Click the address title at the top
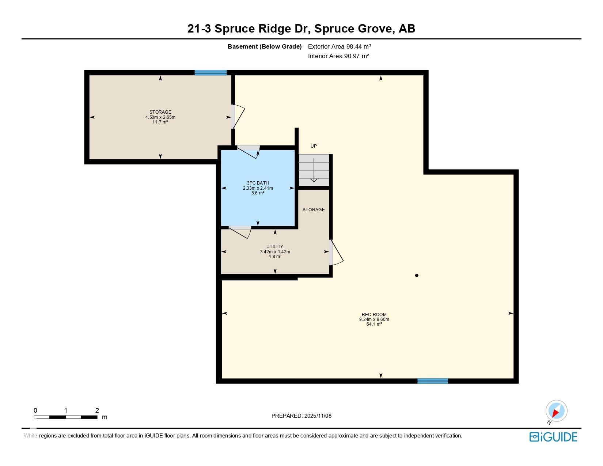pos(301,29)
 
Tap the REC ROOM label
pos(374,314)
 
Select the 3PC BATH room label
pos(258,183)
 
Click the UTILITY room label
pos(275,246)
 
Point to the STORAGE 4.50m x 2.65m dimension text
pos(160,117)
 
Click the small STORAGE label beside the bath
pos(314,209)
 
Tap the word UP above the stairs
pos(314,146)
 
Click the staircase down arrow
pos(314,170)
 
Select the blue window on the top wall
pos(211,73)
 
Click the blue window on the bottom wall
pos(433,381)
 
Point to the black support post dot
pos(417,275)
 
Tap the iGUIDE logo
pos(553,437)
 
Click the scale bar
pos(66,417)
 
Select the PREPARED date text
pos(301,416)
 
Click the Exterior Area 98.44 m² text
pos(340,46)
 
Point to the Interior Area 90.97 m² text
pos(338,56)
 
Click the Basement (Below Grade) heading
pos(265,46)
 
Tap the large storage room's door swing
pos(238,117)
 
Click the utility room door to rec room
pos(336,253)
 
